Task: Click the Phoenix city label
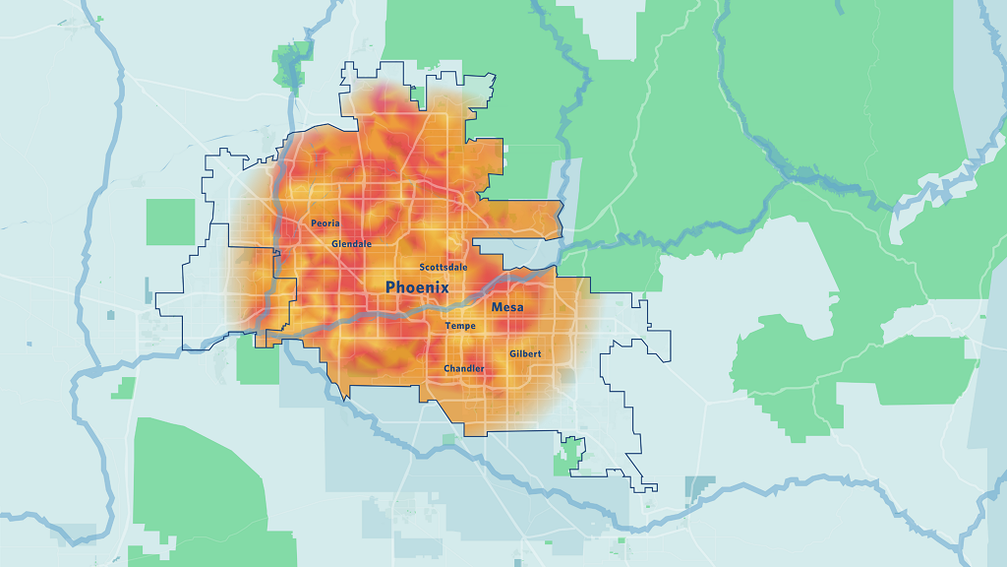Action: click(417, 287)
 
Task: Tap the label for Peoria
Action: click(326, 223)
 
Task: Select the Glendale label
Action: click(352, 243)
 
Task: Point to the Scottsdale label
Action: click(444, 267)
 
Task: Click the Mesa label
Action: click(507, 307)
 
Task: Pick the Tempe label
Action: click(460, 326)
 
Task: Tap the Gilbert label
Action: click(525, 353)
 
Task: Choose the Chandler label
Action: click(464, 369)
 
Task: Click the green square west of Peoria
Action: click(171, 221)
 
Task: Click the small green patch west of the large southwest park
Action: click(123, 387)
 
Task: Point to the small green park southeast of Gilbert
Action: click(568, 456)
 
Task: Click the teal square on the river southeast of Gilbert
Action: click(699, 486)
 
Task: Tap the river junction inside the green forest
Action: click(806, 177)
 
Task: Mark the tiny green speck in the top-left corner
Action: click(99, 17)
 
